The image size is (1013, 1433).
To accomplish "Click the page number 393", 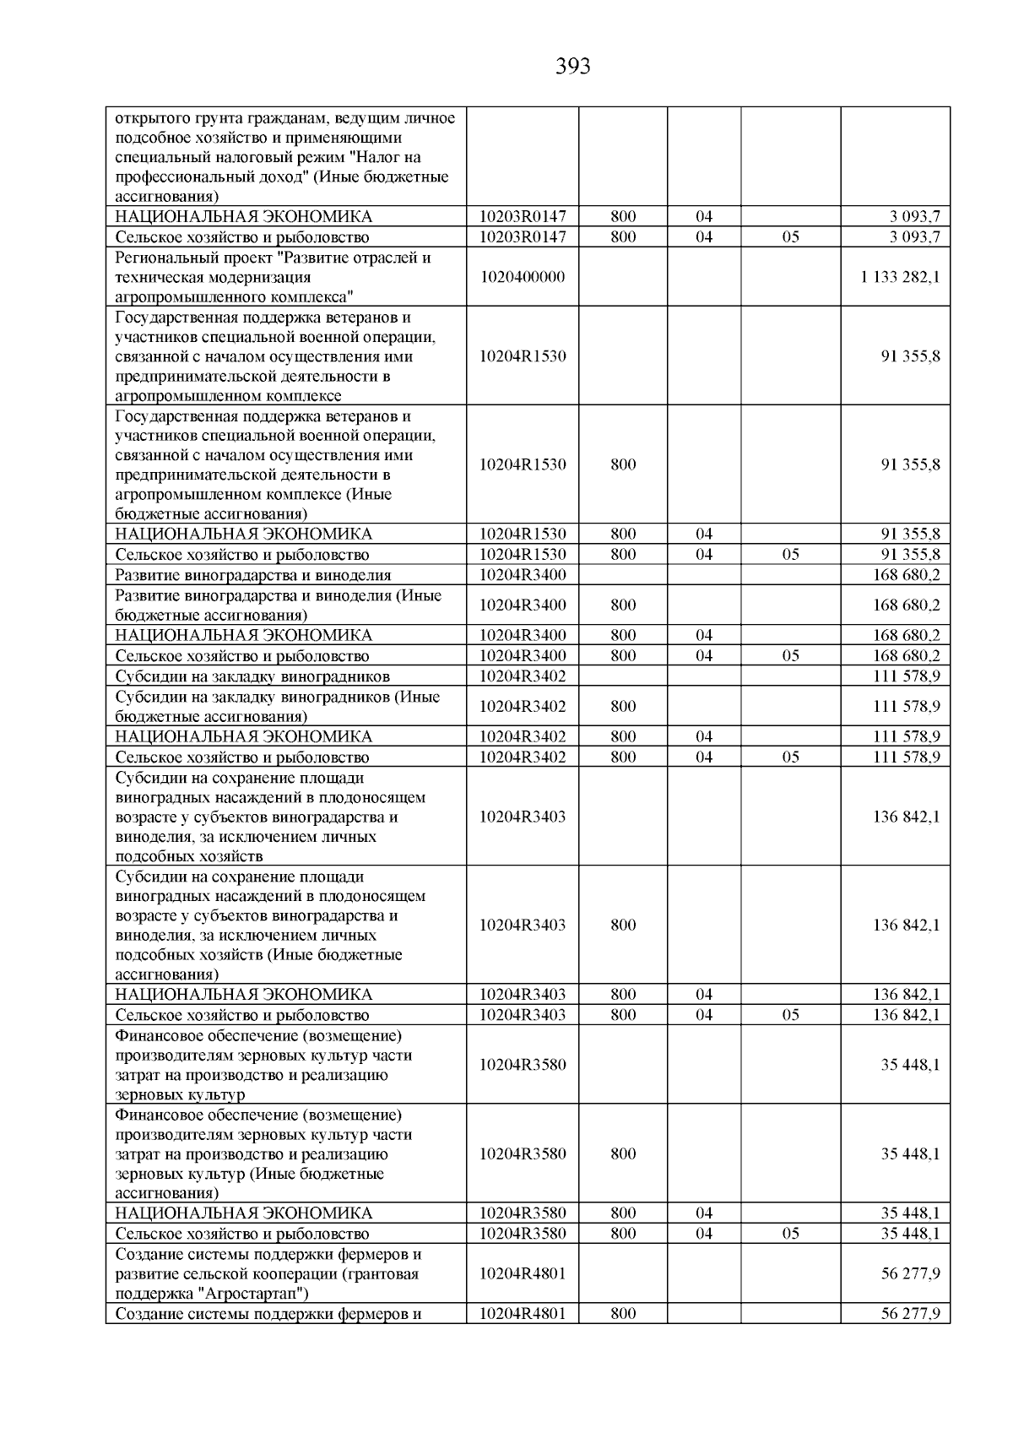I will pyautogui.click(x=573, y=66).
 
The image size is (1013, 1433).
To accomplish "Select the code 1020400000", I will pyautogui.click(x=523, y=277).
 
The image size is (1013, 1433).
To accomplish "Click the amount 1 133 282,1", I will pyautogui.click(x=900, y=277).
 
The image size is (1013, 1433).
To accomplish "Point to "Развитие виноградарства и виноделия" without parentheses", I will pyautogui.click(x=253, y=575).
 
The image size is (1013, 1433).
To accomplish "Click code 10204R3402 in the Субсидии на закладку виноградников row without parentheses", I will pyautogui.click(x=523, y=676).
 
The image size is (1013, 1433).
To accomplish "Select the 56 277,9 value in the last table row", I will pyautogui.click(x=910, y=1313).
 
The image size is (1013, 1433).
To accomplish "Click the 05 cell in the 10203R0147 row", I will pyautogui.click(x=790, y=237).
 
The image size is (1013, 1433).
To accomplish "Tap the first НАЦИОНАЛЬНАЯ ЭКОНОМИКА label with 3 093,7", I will pyautogui.click(x=243, y=216).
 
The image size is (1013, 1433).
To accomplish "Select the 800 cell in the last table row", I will pyautogui.click(x=623, y=1313).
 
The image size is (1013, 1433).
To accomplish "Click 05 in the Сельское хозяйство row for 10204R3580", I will pyautogui.click(x=790, y=1233).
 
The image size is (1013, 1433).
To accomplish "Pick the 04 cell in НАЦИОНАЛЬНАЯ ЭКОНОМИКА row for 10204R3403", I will pyautogui.click(x=704, y=994).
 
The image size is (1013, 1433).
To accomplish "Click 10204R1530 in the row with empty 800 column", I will pyautogui.click(x=523, y=356).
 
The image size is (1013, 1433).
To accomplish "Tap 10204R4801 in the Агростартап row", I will pyautogui.click(x=523, y=1273).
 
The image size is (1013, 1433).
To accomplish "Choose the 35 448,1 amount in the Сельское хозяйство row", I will pyautogui.click(x=910, y=1233).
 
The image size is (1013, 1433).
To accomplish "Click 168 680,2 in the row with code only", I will pyautogui.click(x=906, y=575).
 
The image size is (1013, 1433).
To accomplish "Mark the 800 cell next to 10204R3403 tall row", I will pyautogui.click(x=623, y=925).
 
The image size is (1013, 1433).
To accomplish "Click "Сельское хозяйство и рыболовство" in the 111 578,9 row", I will pyautogui.click(x=242, y=757).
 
